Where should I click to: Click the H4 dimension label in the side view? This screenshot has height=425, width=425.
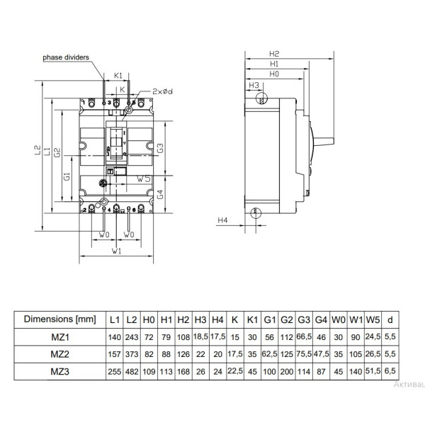coord(222,221)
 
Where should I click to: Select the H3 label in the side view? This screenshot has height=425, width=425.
coord(253,86)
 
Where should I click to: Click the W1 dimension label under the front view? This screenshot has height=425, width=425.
coord(117,251)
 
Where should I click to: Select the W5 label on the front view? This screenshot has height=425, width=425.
coord(143,180)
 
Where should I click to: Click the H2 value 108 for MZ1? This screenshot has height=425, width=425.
coord(183,336)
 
